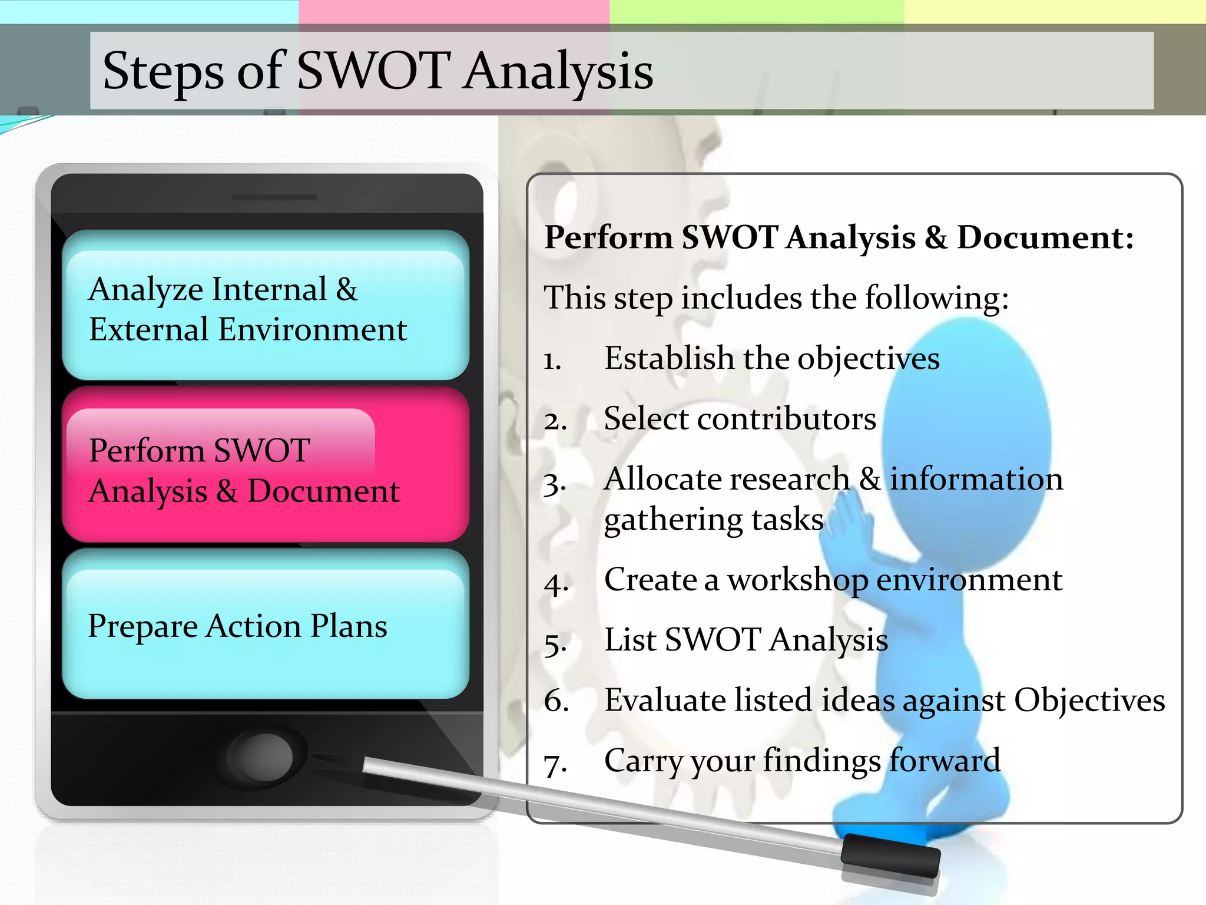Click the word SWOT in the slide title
(373, 71)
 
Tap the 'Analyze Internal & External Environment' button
(265, 306)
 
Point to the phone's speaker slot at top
(274, 197)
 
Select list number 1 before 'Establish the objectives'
(552, 361)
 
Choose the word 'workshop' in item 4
(797, 580)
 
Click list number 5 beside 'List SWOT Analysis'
(555, 643)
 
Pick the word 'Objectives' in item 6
(1089, 701)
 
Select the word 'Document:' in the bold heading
(1045, 238)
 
